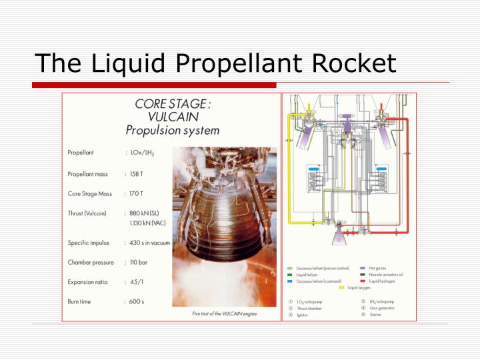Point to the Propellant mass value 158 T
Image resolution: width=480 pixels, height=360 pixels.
(x=137, y=174)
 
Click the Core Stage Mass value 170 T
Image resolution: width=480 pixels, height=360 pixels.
(x=137, y=193)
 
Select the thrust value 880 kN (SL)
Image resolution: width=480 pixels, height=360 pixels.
(x=145, y=213)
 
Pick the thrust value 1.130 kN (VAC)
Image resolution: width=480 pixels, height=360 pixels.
(x=147, y=223)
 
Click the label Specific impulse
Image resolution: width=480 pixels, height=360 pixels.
(x=88, y=243)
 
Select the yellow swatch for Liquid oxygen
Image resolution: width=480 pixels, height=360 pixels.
(x=341, y=287)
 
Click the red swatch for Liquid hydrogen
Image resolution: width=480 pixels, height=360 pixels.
(x=363, y=281)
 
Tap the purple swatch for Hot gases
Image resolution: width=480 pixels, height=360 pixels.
(x=363, y=267)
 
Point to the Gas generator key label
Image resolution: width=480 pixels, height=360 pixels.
(x=381, y=309)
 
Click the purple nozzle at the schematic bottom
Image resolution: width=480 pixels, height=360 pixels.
(x=341, y=234)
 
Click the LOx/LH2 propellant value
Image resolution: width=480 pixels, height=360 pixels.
(x=144, y=153)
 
